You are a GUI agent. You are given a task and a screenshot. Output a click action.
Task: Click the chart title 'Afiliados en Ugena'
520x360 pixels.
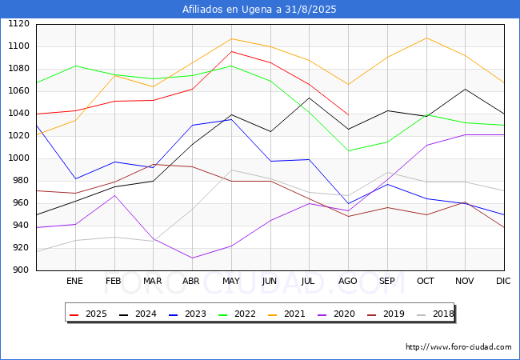coord(259,10)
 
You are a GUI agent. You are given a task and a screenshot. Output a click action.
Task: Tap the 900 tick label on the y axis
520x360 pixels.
coord(20,270)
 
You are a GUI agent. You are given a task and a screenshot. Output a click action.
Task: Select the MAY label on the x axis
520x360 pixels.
coord(230,282)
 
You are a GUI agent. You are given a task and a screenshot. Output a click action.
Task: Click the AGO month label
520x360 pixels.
coord(348,282)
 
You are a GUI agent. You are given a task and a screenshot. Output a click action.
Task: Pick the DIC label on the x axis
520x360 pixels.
coord(503,282)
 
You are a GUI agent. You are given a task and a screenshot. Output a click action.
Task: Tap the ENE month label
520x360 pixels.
coord(74,282)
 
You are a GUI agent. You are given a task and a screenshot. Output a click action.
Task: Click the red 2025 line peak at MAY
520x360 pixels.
coord(231,51)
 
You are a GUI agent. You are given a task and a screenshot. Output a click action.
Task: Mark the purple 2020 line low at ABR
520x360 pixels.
coord(192,258)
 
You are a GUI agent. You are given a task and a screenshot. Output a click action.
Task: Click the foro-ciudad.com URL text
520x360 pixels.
coord(458,347)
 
